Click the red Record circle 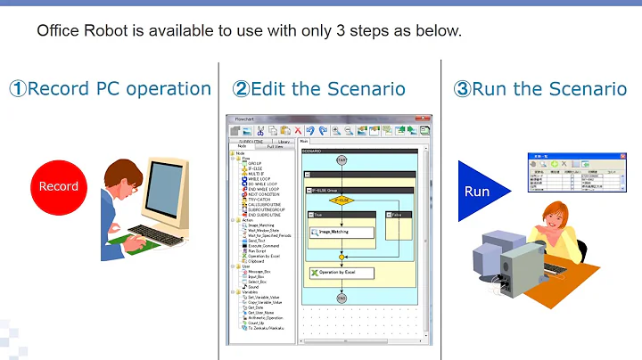tap(58, 186)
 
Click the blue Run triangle tap(480, 192)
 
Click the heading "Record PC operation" tap(111, 89)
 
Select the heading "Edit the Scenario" tap(319, 89)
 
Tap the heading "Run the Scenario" tap(539, 89)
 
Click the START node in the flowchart tap(342, 160)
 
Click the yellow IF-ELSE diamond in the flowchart tap(342, 200)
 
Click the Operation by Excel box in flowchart tap(341, 271)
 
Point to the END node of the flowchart tap(342, 299)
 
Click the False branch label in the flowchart tap(397, 215)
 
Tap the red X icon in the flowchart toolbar tap(299, 131)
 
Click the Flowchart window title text tap(244, 119)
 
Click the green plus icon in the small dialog tap(553, 164)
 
